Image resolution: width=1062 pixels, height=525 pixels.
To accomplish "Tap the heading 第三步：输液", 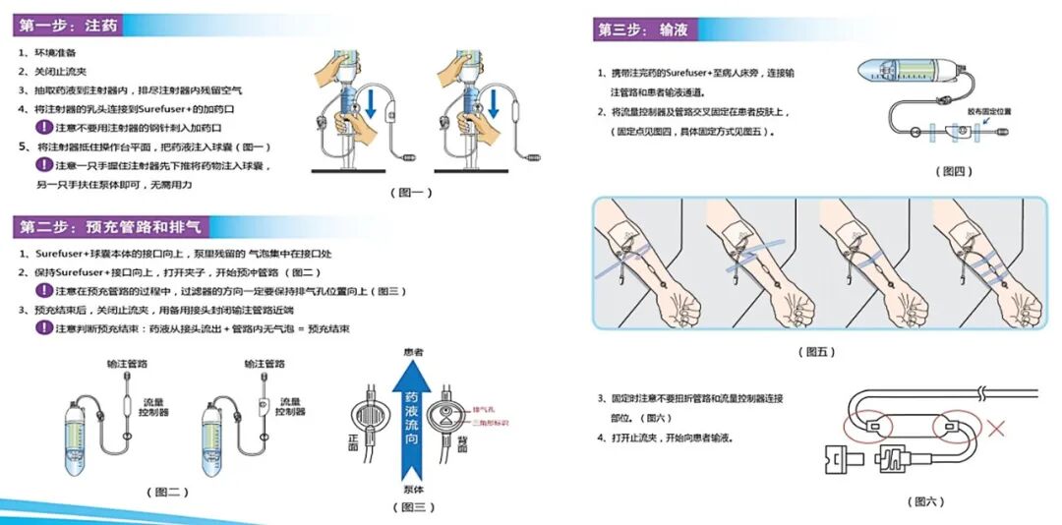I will pyautogui.click(x=643, y=29).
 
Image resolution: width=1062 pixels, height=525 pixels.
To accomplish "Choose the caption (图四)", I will pyautogui.click(x=952, y=171).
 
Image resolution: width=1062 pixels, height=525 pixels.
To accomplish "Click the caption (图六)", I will pyautogui.click(x=925, y=501).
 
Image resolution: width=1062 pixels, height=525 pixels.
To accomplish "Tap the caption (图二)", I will pyautogui.click(x=166, y=492).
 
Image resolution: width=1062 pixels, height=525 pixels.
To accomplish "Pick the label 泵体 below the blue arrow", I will pyautogui.click(x=414, y=489).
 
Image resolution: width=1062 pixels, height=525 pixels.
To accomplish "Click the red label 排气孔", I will pyautogui.click(x=484, y=405).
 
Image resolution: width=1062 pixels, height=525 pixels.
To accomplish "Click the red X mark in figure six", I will pyautogui.click(x=996, y=428).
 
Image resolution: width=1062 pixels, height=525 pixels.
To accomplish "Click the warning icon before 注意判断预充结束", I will pyautogui.click(x=43, y=327).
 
